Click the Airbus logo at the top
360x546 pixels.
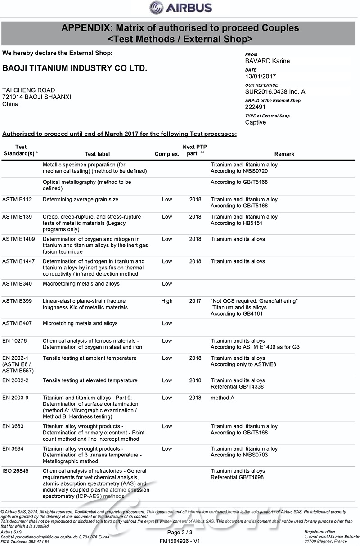pyautogui.click(x=180, y=8)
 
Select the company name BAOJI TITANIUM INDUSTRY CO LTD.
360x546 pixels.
pyautogui.click(x=75, y=68)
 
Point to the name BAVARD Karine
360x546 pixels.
pyautogui.click(x=267, y=61)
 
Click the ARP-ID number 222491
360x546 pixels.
pyautogui.click(x=255, y=107)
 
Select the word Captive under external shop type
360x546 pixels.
pyautogui.click(x=256, y=122)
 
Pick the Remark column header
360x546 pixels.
pyautogui.click(x=284, y=154)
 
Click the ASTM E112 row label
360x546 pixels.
pyautogui.click(x=16, y=199)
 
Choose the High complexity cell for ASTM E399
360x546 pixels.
pyautogui.click(x=166, y=301)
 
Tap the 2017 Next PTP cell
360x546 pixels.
pyautogui.click(x=195, y=301)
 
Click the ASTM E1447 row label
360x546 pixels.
pyautogui.click(x=18, y=261)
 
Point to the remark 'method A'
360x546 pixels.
pyautogui.click(x=222, y=398)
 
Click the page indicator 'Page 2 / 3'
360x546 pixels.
pyautogui.click(x=180, y=533)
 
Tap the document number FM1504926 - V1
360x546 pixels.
pyautogui.click(x=180, y=541)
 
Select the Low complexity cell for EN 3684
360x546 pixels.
pyautogui.click(x=167, y=448)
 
